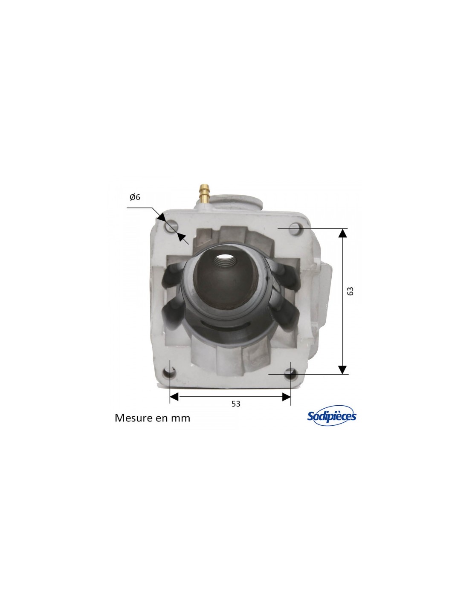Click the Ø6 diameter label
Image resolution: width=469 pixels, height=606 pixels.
(x=135, y=197)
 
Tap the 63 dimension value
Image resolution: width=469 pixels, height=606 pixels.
(x=350, y=291)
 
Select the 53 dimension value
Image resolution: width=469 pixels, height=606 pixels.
(x=236, y=404)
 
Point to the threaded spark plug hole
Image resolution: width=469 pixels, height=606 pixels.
(x=225, y=261)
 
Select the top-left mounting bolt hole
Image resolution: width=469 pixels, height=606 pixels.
(x=171, y=226)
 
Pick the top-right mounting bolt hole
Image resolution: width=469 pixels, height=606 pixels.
(x=295, y=229)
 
